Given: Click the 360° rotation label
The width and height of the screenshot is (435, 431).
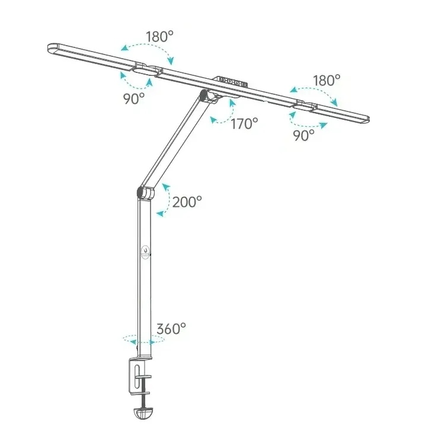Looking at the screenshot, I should pyautogui.click(x=171, y=328).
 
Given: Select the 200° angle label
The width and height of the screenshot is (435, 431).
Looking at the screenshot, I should pyautogui.click(x=187, y=202).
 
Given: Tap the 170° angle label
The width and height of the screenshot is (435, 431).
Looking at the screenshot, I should pyautogui.click(x=244, y=123).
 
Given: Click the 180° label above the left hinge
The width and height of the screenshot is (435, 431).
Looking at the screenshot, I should pyautogui.click(x=159, y=36).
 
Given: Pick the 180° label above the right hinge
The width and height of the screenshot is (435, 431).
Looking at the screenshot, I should pyautogui.click(x=327, y=79).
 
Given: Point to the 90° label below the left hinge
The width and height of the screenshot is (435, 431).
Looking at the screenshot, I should pyautogui.click(x=134, y=98).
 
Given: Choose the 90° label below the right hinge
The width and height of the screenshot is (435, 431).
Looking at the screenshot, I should pyautogui.click(x=303, y=135).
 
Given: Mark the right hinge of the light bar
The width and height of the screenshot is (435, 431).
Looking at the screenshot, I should pyautogui.click(x=306, y=106).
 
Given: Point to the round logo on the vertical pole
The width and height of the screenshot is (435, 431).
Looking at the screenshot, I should pyautogui.click(x=146, y=251).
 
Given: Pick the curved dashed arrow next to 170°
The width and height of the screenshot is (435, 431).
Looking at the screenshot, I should pyautogui.click(x=223, y=113).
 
